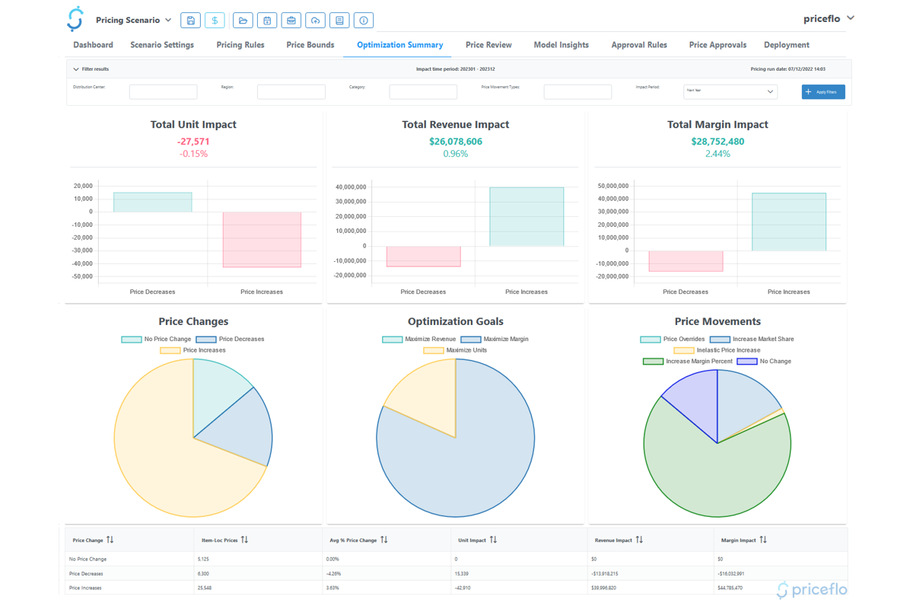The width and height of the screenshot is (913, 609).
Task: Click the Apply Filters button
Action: (x=823, y=92)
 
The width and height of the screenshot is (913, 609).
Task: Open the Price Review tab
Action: (x=488, y=45)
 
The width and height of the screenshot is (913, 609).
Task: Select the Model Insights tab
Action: (x=561, y=45)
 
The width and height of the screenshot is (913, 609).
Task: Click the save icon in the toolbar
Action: (x=190, y=21)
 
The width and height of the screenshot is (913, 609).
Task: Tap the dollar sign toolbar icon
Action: (x=215, y=21)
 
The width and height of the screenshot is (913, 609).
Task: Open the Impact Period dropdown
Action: (x=730, y=91)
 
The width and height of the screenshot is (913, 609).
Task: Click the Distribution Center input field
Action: (x=163, y=92)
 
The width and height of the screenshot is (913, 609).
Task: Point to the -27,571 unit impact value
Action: (x=193, y=142)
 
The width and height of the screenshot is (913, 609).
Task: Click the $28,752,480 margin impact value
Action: (x=717, y=142)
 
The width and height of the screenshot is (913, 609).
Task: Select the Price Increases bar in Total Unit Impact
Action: (x=262, y=239)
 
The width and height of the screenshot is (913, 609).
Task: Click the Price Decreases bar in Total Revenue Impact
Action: (x=423, y=256)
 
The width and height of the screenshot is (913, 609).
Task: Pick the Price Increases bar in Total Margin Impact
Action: (x=788, y=222)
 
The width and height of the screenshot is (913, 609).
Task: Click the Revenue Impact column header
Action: (x=613, y=540)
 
